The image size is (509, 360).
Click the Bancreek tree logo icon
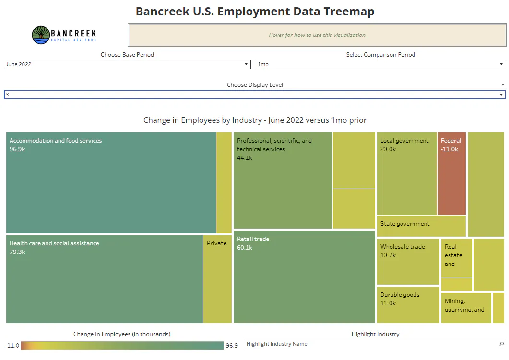(41, 35)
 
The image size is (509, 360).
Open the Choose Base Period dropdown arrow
(246, 64)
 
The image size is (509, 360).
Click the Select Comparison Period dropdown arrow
(501, 64)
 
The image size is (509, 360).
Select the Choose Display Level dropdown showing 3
(255, 95)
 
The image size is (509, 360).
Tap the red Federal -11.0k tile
(451, 173)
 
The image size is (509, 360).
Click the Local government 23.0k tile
(407, 173)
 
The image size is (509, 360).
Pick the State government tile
(421, 226)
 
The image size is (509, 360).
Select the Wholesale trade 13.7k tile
(408, 262)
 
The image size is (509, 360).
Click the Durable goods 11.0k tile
(408, 305)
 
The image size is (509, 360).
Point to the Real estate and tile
(456, 258)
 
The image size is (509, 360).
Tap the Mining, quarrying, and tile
(466, 308)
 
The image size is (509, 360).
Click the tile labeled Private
(217, 279)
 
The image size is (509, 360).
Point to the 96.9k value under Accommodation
(17, 149)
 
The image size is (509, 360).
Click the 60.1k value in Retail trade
(245, 248)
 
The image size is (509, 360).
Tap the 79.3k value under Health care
(17, 252)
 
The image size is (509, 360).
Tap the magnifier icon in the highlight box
(501, 344)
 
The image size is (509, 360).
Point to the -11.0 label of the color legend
(12, 346)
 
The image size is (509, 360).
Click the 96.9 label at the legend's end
(232, 346)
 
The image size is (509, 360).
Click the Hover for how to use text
(317, 35)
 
